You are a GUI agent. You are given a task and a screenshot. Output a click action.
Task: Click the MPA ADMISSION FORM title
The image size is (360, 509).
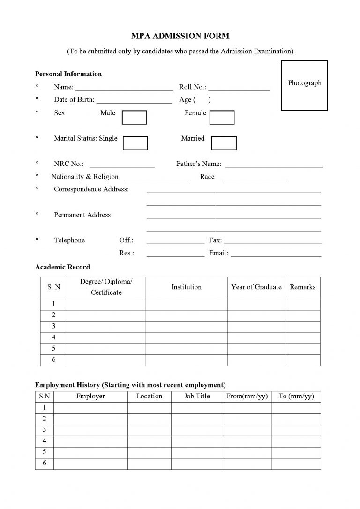click(x=180, y=36)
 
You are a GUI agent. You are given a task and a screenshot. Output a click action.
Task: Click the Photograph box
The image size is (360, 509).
click(x=304, y=85)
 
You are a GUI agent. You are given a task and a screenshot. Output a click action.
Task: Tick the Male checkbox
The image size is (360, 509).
click(x=134, y=117)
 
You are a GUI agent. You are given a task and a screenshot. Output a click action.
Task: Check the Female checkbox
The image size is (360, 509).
click(x=222, y=117)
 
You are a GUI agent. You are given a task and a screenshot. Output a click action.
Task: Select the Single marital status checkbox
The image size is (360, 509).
click(x=135, y=143)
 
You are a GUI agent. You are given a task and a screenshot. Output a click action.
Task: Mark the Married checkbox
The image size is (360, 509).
click(x=224, y=143)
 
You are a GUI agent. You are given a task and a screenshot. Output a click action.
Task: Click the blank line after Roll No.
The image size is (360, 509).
click(x=239, y=89)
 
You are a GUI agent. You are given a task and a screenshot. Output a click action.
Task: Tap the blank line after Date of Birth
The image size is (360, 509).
click(x=135, y=102)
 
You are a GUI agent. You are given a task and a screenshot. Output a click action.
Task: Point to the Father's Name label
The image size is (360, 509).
click(x=199, y=164)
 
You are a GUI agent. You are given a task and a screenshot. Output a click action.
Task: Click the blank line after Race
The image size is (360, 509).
click(x=254, y=179)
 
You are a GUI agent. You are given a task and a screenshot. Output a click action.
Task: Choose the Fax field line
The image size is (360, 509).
click(x=272, y=243)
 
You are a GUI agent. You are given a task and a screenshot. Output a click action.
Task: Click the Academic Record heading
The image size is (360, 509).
click(x=62, y=267)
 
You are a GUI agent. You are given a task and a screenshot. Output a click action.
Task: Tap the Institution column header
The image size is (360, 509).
click(x=186, y=287)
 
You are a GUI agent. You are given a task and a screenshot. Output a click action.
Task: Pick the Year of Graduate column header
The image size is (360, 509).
click(x=256, y=287)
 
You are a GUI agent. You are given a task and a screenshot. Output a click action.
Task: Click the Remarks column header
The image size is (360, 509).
click(x=302, y=287)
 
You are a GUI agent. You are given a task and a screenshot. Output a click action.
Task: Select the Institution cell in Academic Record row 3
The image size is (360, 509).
click(x=186, y=326)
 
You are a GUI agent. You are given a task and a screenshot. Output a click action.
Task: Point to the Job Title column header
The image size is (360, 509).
click(x=197, y=397)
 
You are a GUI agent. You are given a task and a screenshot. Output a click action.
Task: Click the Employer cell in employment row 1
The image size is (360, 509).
click(x=90, y=408)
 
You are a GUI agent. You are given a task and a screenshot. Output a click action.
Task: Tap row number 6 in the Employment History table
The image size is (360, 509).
click(x=45, y=464)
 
